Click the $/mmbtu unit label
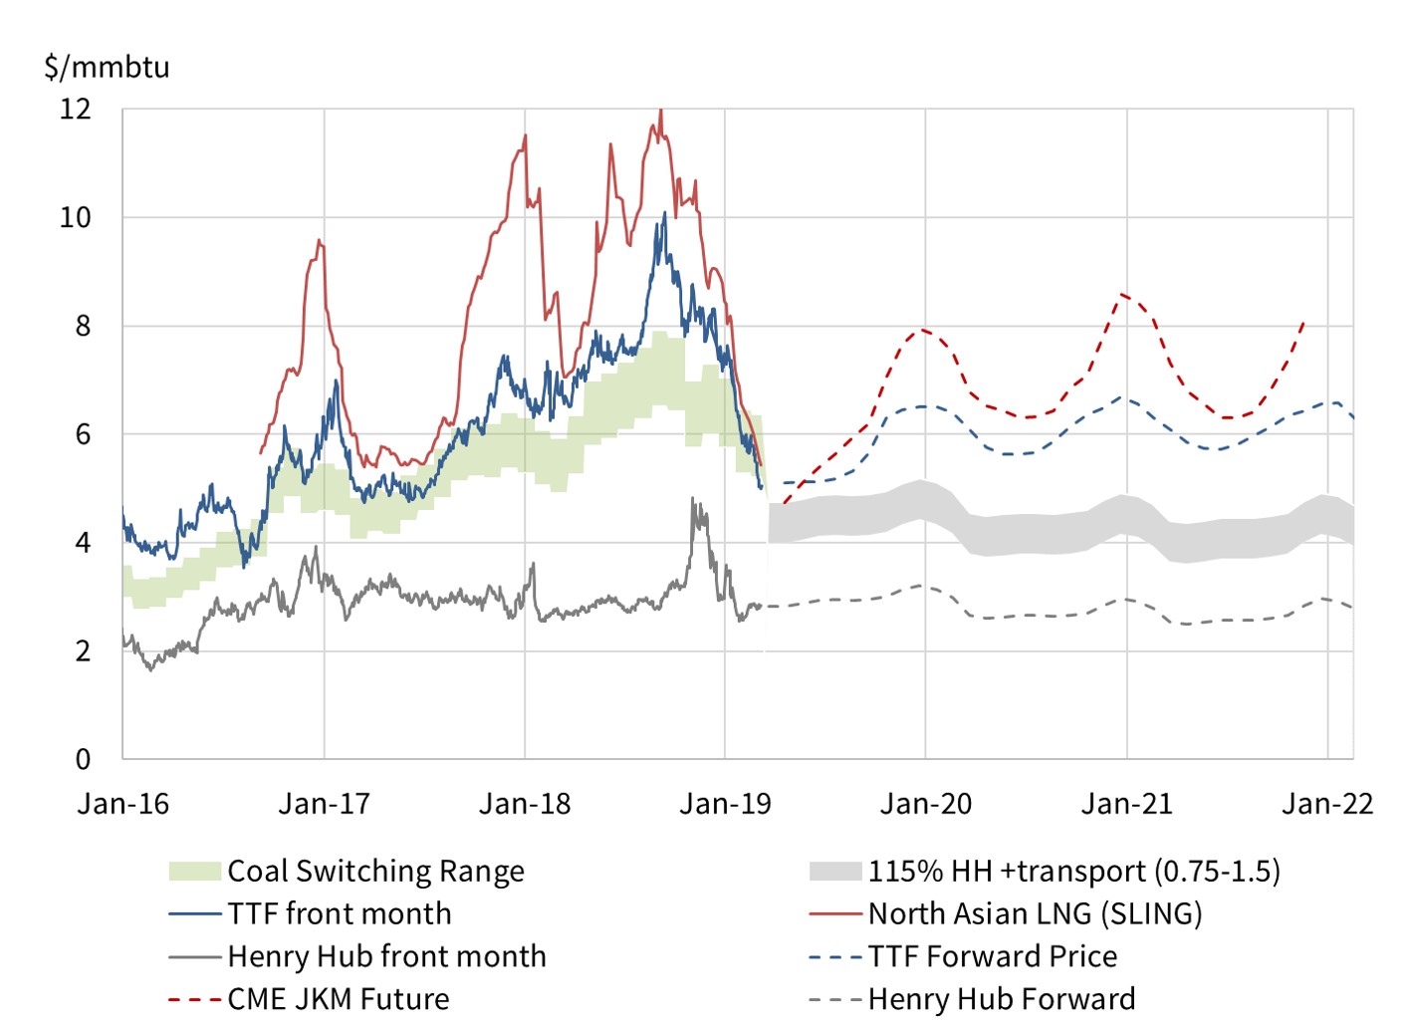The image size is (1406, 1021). (107, 68)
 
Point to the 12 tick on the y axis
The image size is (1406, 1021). (76, 109)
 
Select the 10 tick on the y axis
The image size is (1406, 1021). (76, 217)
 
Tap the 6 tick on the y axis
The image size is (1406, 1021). (84, 434)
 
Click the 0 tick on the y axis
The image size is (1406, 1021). (84, 759)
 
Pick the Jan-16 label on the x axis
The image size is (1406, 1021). (123, 804)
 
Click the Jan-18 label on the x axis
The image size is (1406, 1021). (525, 804)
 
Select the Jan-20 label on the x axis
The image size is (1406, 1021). (926, 804)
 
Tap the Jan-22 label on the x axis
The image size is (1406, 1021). (1327, 804)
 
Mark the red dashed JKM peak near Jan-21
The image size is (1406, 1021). (1123, 294)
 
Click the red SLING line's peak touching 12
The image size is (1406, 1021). (661, 112)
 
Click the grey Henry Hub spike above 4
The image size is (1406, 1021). (693, 500)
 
